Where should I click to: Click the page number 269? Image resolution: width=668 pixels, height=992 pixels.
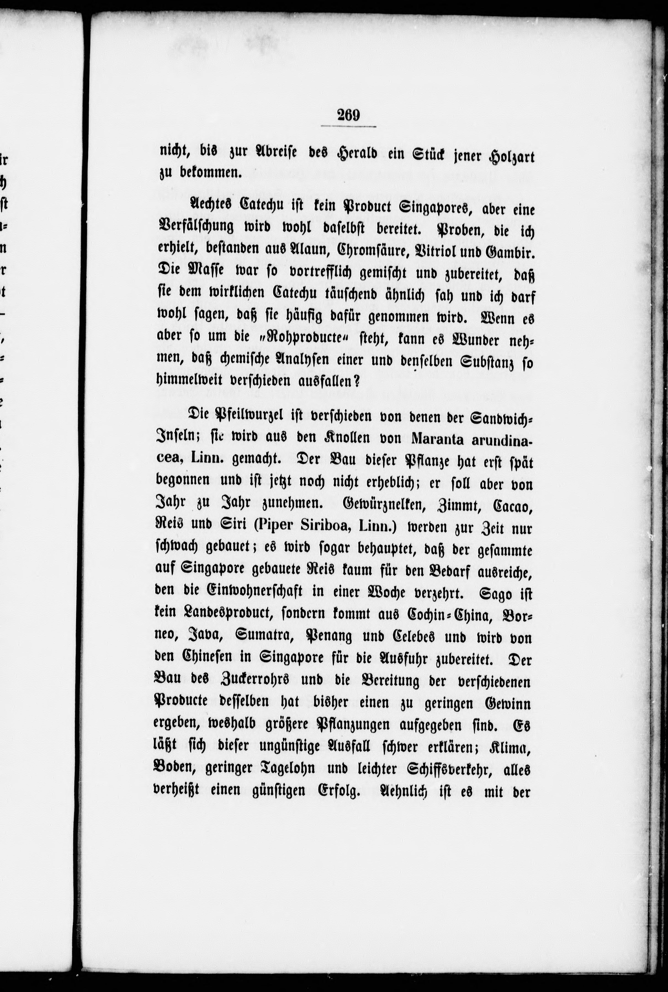pos(348,115)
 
